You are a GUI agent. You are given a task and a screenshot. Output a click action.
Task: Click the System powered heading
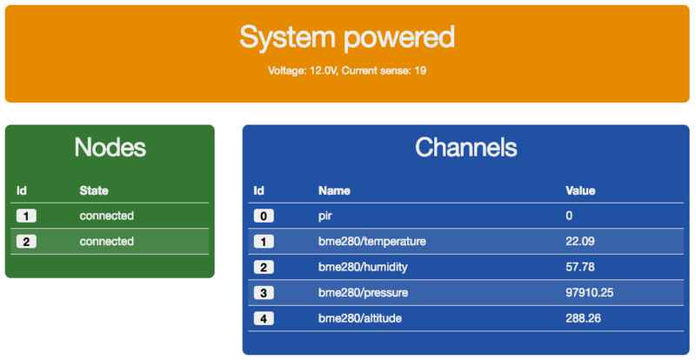click(x=347, y=37)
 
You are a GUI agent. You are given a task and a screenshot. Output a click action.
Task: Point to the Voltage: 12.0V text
click(x=303, y=70)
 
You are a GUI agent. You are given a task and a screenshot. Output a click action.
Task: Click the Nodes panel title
click(x=110, y=147)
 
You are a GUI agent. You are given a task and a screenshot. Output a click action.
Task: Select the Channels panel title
click(x=466, y=147)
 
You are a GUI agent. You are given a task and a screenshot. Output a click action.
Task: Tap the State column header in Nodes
click(x=94, y=191)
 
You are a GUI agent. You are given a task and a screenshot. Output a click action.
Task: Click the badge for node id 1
click(x=26, y=217)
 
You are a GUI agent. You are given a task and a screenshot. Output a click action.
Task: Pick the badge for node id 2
click(x=26, y=242)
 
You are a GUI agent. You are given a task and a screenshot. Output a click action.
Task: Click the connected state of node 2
click(x=106, y=242)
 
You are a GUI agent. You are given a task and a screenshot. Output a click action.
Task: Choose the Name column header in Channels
click(x=334, y=191)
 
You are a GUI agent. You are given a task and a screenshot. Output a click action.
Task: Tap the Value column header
click(x=580, y=191)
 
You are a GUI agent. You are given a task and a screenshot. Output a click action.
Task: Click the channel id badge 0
click(x=264, y=217)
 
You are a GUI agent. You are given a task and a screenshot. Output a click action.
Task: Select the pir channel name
click(x=325, y=217)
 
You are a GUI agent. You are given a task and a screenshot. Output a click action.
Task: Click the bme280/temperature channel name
click(x=372, y=242)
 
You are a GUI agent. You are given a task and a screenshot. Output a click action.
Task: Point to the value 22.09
click(x=580, y=242)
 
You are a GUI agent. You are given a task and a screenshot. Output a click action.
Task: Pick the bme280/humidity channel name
click(x=363, y=267)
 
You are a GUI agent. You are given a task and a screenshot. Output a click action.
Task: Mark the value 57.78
click(x=580, y=267)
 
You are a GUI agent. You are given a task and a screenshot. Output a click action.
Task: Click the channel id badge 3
click(x=264, y=293)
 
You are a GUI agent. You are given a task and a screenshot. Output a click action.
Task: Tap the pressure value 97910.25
click(x=590, y=293)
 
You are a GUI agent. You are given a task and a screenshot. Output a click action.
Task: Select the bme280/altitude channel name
click(x=360, y=318)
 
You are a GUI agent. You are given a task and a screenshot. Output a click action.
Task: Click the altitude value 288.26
click(x=583, y=318)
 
